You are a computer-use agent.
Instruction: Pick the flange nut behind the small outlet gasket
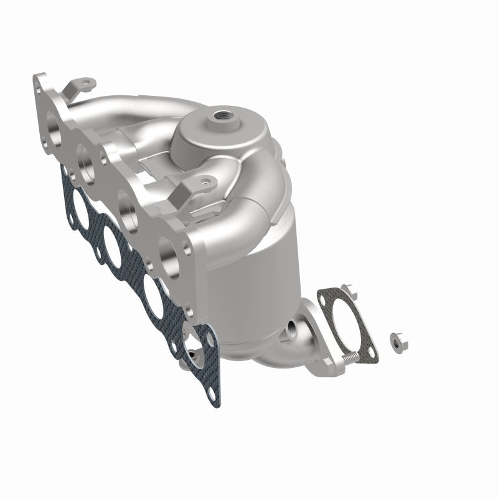[x=350, y=290]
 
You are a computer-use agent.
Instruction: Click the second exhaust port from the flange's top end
[x=87, y=156]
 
